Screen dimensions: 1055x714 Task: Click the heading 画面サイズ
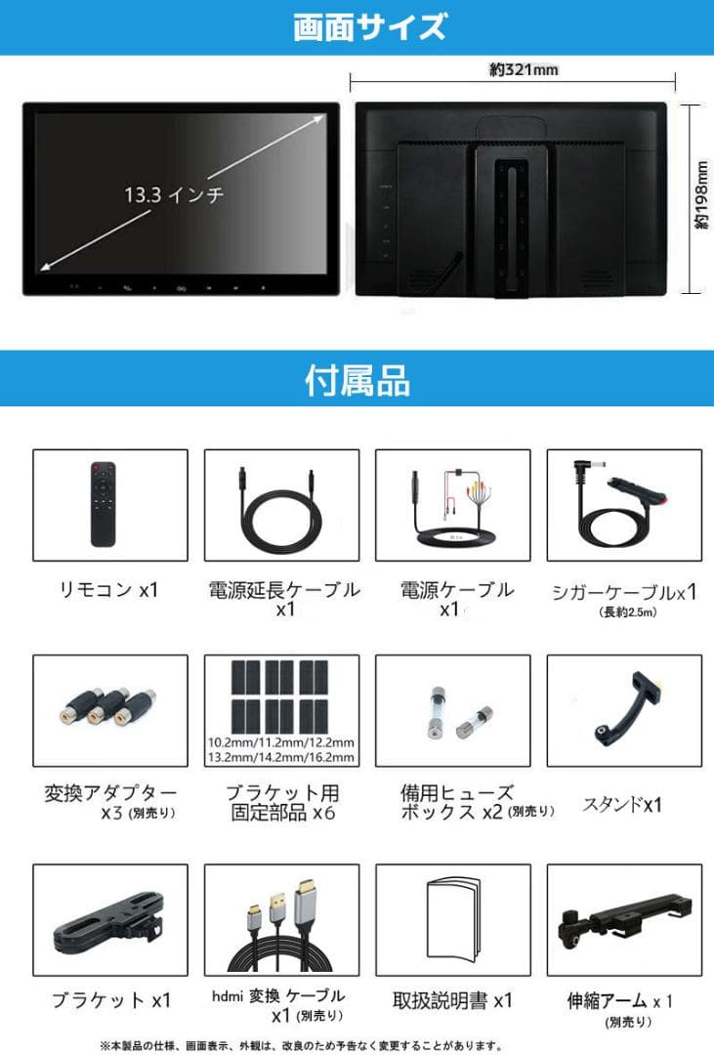[357, 26]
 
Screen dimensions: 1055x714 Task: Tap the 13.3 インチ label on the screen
[175, 194]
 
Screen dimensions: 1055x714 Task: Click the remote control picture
[103, 504]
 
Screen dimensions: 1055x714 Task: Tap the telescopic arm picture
[621, 918]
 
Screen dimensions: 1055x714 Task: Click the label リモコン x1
[106, 589]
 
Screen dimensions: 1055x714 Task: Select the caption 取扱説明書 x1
[452, 1000]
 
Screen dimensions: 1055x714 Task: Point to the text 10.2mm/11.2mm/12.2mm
[281, 741]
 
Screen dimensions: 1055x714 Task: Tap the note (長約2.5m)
[623, 612]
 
